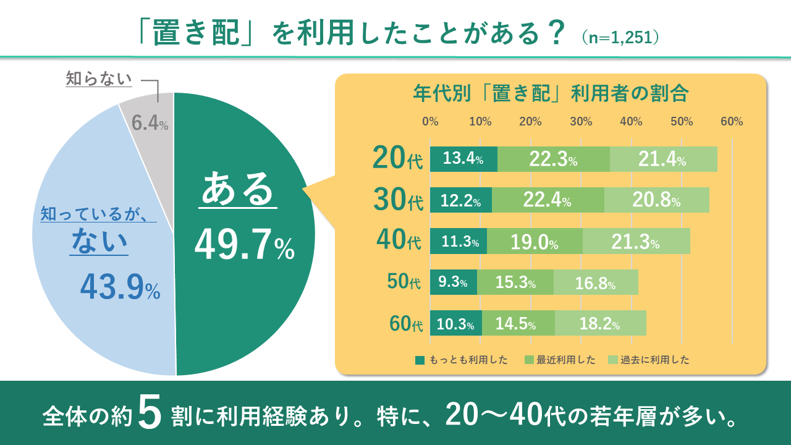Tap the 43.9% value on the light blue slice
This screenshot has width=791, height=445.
(x=121, y=287)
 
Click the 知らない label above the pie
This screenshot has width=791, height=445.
(x=99, y=79)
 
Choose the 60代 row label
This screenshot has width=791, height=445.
(x=405, y=323)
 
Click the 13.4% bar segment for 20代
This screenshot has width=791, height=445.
(x=463, y=159)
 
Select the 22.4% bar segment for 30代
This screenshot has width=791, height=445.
(x=548, y=200)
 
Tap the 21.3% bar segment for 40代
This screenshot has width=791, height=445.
(x=636, y=241)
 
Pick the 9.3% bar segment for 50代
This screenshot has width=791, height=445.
(x=453, y=282)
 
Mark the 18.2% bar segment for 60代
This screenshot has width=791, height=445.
(x=600, y=323)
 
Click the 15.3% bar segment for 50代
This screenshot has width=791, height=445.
(x=515, y=282)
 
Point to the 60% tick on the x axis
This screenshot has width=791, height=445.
(x=732, y=122)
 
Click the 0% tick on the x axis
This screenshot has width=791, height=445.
(x=430, y=122)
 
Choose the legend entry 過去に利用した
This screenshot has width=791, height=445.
(x=648, y=360)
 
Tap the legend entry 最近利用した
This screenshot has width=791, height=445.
(x=559, y=360)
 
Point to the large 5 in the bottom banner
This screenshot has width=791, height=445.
(x=150, y=413)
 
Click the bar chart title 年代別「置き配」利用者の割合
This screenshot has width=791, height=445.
(x=550, y=95)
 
